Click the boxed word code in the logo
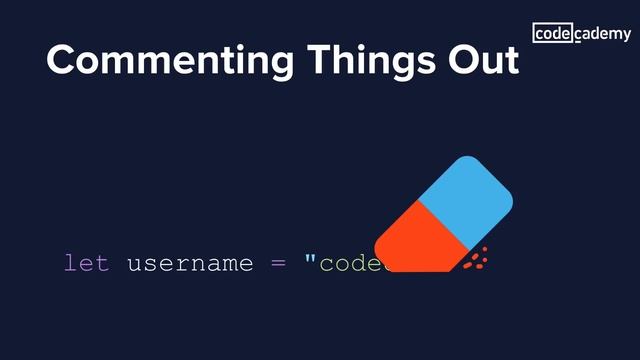pos(552,34)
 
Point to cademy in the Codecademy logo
pos(602,34)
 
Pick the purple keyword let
pos(86,263)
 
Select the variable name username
pos(189,264)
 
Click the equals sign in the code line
pos(278,264)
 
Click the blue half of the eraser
pos(465,196)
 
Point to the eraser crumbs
pos(478,257)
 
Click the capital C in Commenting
pos(62,60)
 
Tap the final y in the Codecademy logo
pos(626,36)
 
